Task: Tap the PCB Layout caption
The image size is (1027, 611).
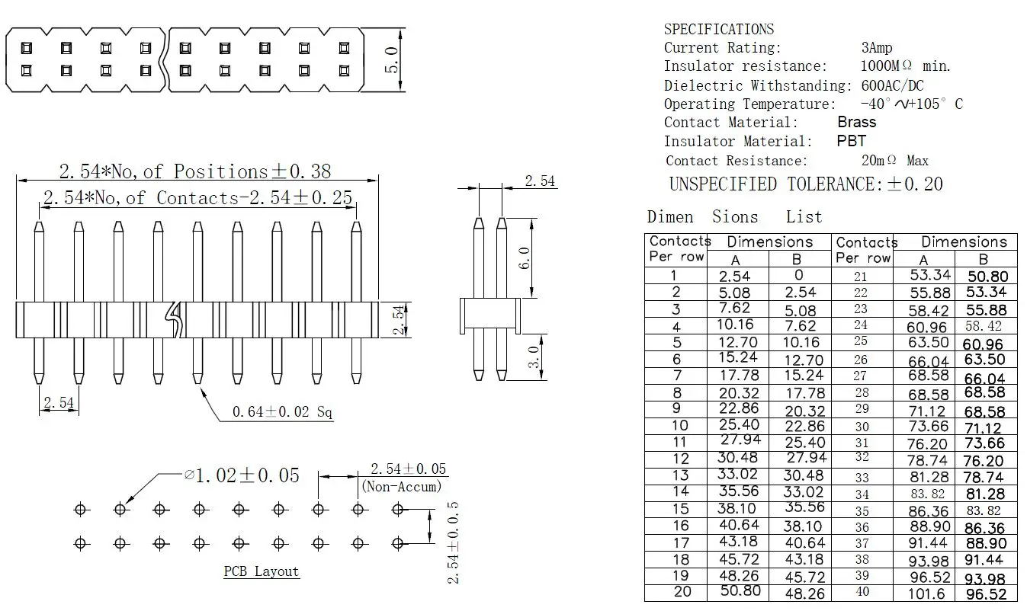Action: click(x=261, y=571)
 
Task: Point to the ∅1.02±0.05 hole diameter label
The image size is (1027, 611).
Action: click(x=241, y=475)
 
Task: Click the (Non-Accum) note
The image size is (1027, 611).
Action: click(x=401, y=486)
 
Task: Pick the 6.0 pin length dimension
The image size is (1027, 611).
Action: click(x=524, y=257)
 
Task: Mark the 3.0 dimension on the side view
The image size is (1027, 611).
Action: click(x=536, y=357)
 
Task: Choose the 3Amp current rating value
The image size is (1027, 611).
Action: click(x=876, y=48)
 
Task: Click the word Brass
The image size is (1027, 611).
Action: click(x=856, y=122)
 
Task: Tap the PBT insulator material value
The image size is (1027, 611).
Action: click(x=851, y=141)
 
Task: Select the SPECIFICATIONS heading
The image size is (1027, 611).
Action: click(x=718, y=30)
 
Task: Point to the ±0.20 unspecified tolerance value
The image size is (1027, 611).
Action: click(x=914, y=184)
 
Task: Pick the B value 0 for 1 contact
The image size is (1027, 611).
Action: click(x=798, y=276)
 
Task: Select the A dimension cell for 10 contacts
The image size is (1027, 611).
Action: click(x=739, y=424)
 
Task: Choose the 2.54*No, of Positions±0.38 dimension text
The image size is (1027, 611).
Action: click(x=195, y=171)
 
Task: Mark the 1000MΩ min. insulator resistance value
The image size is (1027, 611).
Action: click(x=905, y=66)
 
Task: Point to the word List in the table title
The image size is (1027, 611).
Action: click(x=804, y=217)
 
